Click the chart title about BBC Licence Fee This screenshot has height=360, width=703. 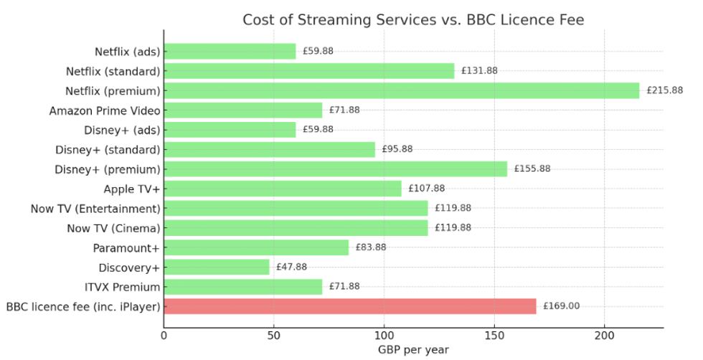[413, 19]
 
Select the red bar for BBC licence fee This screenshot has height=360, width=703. [350, 306]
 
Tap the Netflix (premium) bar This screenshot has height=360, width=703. [401, 90]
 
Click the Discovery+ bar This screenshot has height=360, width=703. [217, 267]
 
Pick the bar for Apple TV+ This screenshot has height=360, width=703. [283, 189]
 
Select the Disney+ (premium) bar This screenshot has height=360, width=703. [335, 169]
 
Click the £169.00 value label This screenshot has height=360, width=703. [561, 306]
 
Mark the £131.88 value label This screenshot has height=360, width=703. [479, 71]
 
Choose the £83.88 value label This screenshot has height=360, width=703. [373, 247]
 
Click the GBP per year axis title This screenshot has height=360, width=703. [413, 350]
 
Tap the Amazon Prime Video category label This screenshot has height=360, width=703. [105, 110]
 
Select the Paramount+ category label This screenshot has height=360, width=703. [126, 247]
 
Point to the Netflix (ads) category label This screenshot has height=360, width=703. [127, 52]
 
